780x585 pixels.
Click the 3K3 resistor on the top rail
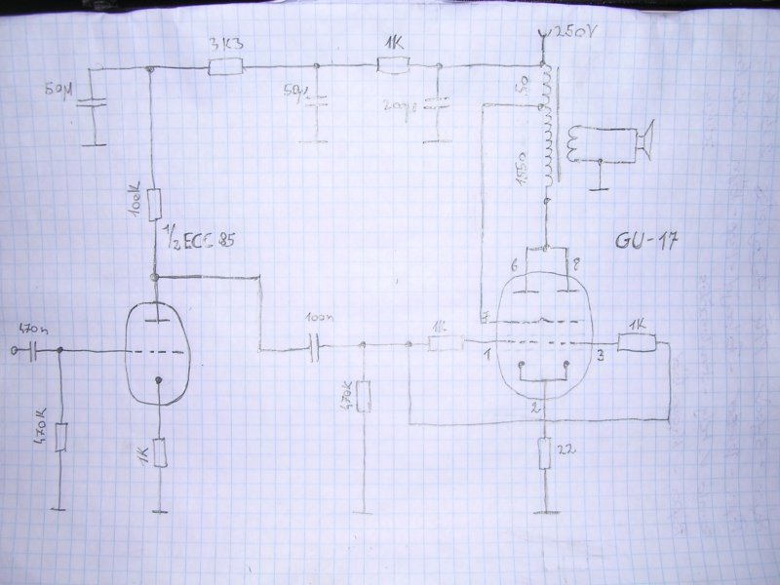point(225,67)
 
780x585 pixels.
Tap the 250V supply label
point(569,33)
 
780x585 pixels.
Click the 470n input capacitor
point(33,349)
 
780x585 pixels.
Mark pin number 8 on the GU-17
point(576,265)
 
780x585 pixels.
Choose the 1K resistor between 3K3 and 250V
point(392,66)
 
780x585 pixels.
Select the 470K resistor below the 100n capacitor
point(363,396)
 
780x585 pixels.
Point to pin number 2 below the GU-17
point(535,409)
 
